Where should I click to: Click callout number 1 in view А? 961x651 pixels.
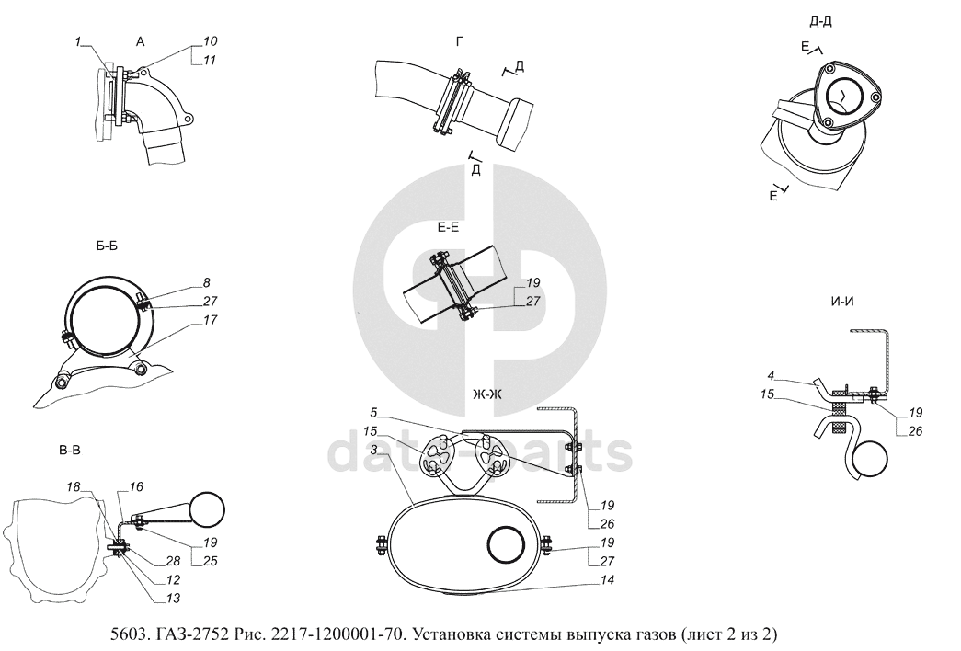click(x=78, y=41)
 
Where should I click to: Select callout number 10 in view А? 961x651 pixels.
click(x=211, y=41)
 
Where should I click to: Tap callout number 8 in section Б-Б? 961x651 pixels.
click(x=207, y=282)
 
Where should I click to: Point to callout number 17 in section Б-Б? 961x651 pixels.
click(x=210, y=320)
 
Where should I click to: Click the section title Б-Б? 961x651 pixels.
click(x=107, y=246)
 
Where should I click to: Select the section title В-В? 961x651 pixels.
click(x=69, y=451)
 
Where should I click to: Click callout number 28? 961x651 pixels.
click(x=173, y=561)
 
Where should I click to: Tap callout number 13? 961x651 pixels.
click(x=173, y=599)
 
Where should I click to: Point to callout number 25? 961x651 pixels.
click(x=211, y=561)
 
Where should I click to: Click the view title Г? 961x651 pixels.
click(x=460, y=41)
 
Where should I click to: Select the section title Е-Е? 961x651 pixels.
click(x=448, y=227)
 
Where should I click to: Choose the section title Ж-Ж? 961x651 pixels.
click(x=487, y=394)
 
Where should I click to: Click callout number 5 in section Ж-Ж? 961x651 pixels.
click(x=374, y=413)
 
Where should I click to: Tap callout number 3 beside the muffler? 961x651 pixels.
click(x=374, y=450)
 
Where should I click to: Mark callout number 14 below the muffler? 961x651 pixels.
click(x=607, y=580)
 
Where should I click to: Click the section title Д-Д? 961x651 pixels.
click(x=820, y=21)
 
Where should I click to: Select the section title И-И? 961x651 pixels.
click(x=842, y=301)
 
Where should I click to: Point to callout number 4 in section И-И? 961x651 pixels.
click(x=772, y=375)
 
